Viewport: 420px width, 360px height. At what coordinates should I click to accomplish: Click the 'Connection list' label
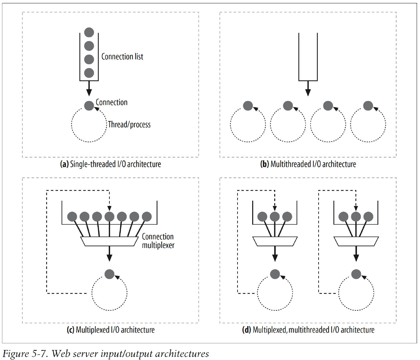pyautogui.click(x=122, y=57)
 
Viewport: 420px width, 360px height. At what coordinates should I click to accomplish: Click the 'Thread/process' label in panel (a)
pyautogui.click(x=129, y=125)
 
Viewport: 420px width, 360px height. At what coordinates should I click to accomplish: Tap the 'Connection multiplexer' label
pyautogui.click(x=158, y=241)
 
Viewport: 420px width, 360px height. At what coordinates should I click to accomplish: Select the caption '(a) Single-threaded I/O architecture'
pyautogui.click(x=110, y=164)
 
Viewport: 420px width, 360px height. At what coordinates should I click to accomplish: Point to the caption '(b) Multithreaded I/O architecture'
pyautogui.click(x=308, y=164)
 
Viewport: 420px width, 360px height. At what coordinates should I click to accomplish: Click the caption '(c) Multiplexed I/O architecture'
pyautogui.click(x=111, y=330)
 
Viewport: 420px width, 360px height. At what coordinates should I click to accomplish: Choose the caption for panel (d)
pyautogui.click(x=308, y=330)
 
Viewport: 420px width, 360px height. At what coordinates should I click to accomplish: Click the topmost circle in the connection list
pyautogui.click(x=89, y=32)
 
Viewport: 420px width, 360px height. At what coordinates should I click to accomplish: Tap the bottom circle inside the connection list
pyautogui.click(x=89, y=73)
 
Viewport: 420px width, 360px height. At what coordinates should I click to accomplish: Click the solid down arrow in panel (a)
pyautogui.click(x=89, y=88)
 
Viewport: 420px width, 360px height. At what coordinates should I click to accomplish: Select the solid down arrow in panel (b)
pyautogui.click(x=308, y=88)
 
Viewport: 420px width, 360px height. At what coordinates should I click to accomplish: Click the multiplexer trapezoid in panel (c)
pyautogui.click(x=109, y=241)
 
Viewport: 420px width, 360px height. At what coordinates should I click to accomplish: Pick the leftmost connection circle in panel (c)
pyautogui.click(x=72, y=217)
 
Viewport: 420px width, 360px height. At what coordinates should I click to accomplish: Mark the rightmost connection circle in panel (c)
pyautogui.click(x=147, y=217)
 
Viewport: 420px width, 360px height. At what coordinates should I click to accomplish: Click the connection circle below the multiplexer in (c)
pyautogui.click(x=109, y=274)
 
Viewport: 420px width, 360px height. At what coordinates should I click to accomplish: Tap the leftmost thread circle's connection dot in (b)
pyautogui.click(x=248, y=106)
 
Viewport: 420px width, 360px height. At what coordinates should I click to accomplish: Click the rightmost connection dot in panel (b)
pyautogui.click(x=368, y=106)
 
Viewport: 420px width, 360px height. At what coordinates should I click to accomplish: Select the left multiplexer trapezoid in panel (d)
pyautogui.click(x=275, y=241)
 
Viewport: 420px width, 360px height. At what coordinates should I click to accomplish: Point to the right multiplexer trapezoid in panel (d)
pyautogui.click(x=356, y=241)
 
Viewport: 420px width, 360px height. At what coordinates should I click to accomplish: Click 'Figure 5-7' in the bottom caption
pyautogui.click(x=25, y=354)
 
